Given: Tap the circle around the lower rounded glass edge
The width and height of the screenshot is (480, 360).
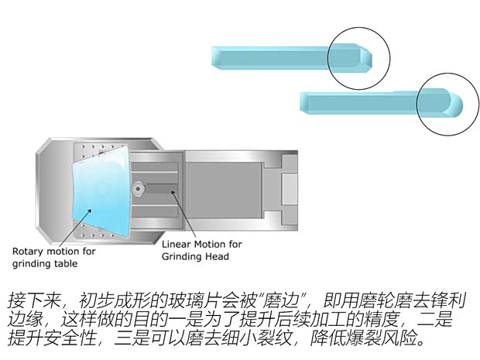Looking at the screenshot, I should [x=447, y=103].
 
